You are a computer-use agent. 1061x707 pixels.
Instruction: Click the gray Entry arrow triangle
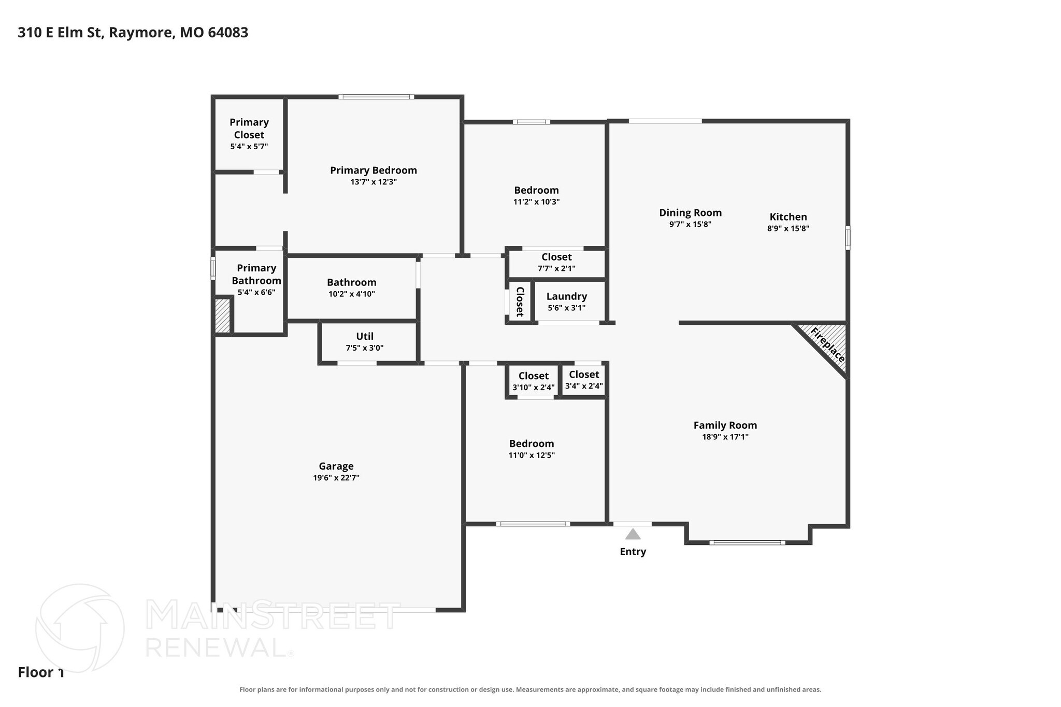point(633,534)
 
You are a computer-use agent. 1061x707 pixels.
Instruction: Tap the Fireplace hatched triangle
point(829,341)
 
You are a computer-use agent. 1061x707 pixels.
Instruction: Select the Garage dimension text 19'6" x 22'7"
point(336,478)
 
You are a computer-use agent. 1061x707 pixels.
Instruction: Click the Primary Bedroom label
point(374,170)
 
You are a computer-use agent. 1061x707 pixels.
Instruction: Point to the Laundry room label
point(567,296)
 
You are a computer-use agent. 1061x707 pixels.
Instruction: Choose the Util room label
point(365,336)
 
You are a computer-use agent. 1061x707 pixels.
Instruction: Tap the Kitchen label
point(788,217)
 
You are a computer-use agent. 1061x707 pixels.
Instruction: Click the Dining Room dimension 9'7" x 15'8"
point(690,224)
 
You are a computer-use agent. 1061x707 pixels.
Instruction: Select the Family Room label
point(725,425)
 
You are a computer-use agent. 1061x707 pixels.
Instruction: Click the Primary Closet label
point(249,128)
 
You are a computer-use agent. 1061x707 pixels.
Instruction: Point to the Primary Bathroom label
point(256,275)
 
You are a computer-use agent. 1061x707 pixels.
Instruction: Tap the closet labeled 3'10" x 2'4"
point(534,381)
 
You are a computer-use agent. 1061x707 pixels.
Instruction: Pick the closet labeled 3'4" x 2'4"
point(584,380)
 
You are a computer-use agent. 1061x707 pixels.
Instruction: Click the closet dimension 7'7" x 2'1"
point(556,268)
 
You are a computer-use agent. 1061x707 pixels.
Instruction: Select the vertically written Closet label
point(520,301)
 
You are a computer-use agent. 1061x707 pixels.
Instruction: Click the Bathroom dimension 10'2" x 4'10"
point(352,294)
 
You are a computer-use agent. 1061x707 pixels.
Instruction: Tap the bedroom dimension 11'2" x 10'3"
point(537,201)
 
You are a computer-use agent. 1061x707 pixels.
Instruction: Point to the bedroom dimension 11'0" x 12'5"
point(532,455)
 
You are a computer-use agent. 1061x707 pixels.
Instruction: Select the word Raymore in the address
point(141,33)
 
